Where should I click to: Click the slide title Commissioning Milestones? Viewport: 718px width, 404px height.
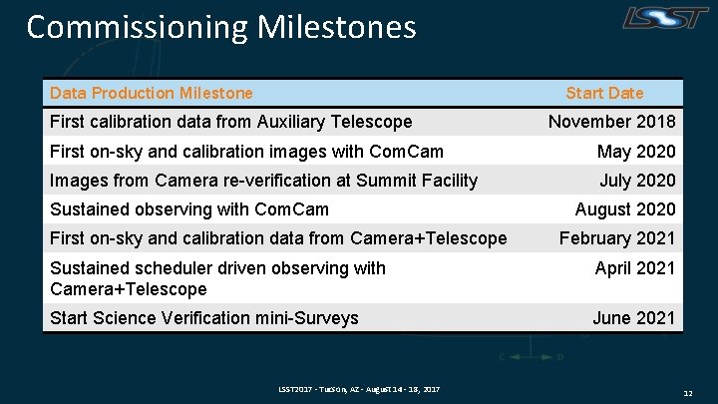220,27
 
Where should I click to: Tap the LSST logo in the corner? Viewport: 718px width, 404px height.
667,18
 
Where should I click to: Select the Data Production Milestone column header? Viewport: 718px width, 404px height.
152,93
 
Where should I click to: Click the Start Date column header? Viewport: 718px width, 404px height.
604,93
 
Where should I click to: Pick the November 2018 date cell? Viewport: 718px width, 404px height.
611,122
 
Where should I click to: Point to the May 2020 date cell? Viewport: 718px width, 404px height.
635,152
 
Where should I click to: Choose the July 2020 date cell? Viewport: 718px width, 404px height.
636,181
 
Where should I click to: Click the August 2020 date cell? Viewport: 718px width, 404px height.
624,209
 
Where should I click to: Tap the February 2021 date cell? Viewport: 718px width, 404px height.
616,238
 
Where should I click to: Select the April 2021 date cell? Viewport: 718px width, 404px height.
634,268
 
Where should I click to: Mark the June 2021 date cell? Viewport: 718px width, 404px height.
633,318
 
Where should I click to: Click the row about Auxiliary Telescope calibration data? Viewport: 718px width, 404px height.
230,122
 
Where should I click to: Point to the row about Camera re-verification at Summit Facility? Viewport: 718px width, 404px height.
263,181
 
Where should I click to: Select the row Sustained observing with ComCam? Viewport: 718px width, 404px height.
188,209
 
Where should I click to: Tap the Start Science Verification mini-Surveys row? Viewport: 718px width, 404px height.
203,318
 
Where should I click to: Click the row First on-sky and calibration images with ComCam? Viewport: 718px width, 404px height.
246,152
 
